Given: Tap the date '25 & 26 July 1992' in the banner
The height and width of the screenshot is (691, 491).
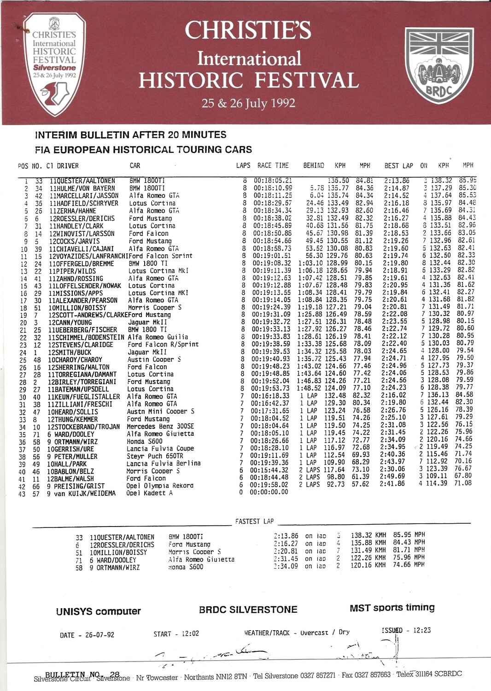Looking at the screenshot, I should click(248, 103).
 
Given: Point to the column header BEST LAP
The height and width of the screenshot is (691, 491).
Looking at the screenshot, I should click(398, 166).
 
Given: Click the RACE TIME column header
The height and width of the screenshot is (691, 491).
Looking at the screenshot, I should click(273, 165).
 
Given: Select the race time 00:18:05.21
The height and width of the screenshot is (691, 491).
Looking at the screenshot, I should click(273, 181).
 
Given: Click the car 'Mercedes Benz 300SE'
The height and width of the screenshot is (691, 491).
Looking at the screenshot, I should click(160, 427).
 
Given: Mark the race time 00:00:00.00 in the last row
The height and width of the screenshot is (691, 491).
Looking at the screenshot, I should click(269, 492).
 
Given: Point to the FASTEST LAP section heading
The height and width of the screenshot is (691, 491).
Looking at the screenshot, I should click(254, 521).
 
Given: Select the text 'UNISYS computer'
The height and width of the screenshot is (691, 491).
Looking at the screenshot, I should click(98, 611).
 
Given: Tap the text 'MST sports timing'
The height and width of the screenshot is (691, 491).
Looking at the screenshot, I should click(392, 608).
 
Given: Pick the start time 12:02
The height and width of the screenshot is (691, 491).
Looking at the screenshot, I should click(189, 634).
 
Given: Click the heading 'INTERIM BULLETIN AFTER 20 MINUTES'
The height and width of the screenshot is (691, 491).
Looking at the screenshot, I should click(130, 135).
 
